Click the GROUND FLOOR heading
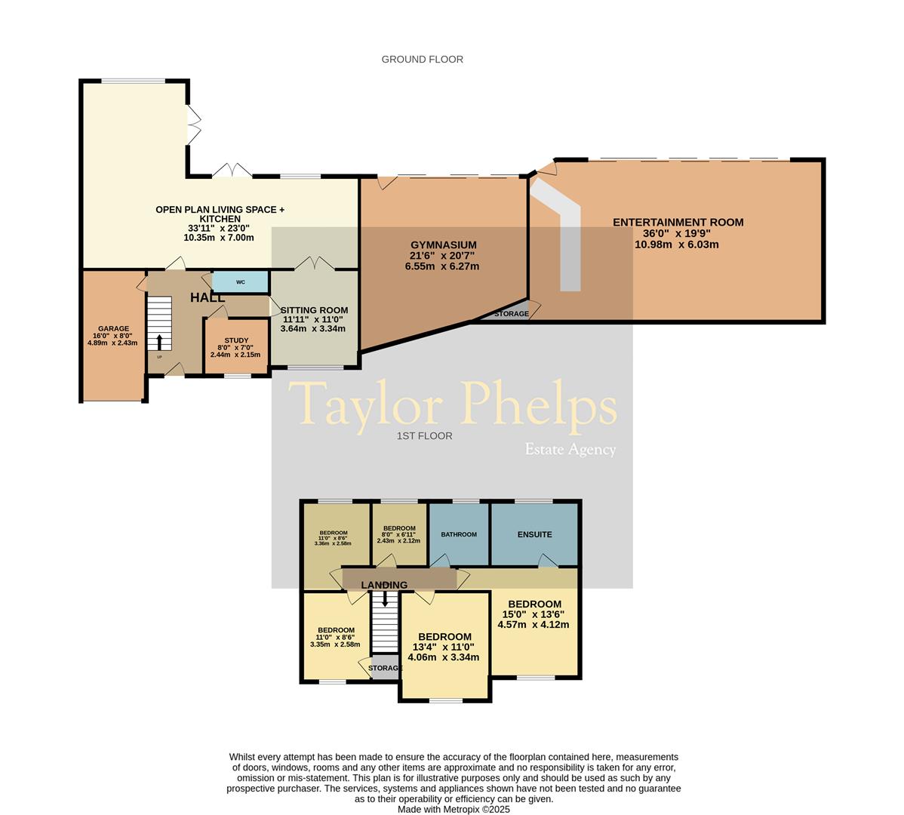click(x=422, y=59)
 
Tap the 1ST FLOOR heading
click(x=424, y=435)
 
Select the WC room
click(x=241, y=282)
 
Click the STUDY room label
click(x=235, y=341)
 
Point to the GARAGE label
click(x=111, y=329)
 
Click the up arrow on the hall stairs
click(x=159, y=342)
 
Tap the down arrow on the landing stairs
click(x=386, y=598)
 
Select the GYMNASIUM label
click(x=443, y=245)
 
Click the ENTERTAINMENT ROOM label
click(x=678, y=222)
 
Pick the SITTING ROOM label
click(x=314, y=310)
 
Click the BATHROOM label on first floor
click(x=459, y=534)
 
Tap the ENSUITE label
click(x=534, y=534)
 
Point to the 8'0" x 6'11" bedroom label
click(x=399, y=528)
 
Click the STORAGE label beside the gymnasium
click(x=511, y=313)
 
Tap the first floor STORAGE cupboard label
click(x=385, y=668)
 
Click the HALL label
click(x=208, y=298)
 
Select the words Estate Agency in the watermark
click(x=570, y=450)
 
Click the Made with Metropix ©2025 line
click(x=454, y=809)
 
